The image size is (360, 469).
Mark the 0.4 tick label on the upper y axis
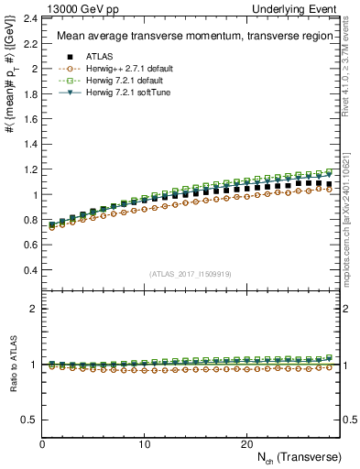click(x=30, y=271)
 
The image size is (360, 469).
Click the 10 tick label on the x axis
click(x=144, y=443)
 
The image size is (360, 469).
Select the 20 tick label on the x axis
click(x=245, y=443)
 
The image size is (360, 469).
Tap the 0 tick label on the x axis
click(x=42, y=443)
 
